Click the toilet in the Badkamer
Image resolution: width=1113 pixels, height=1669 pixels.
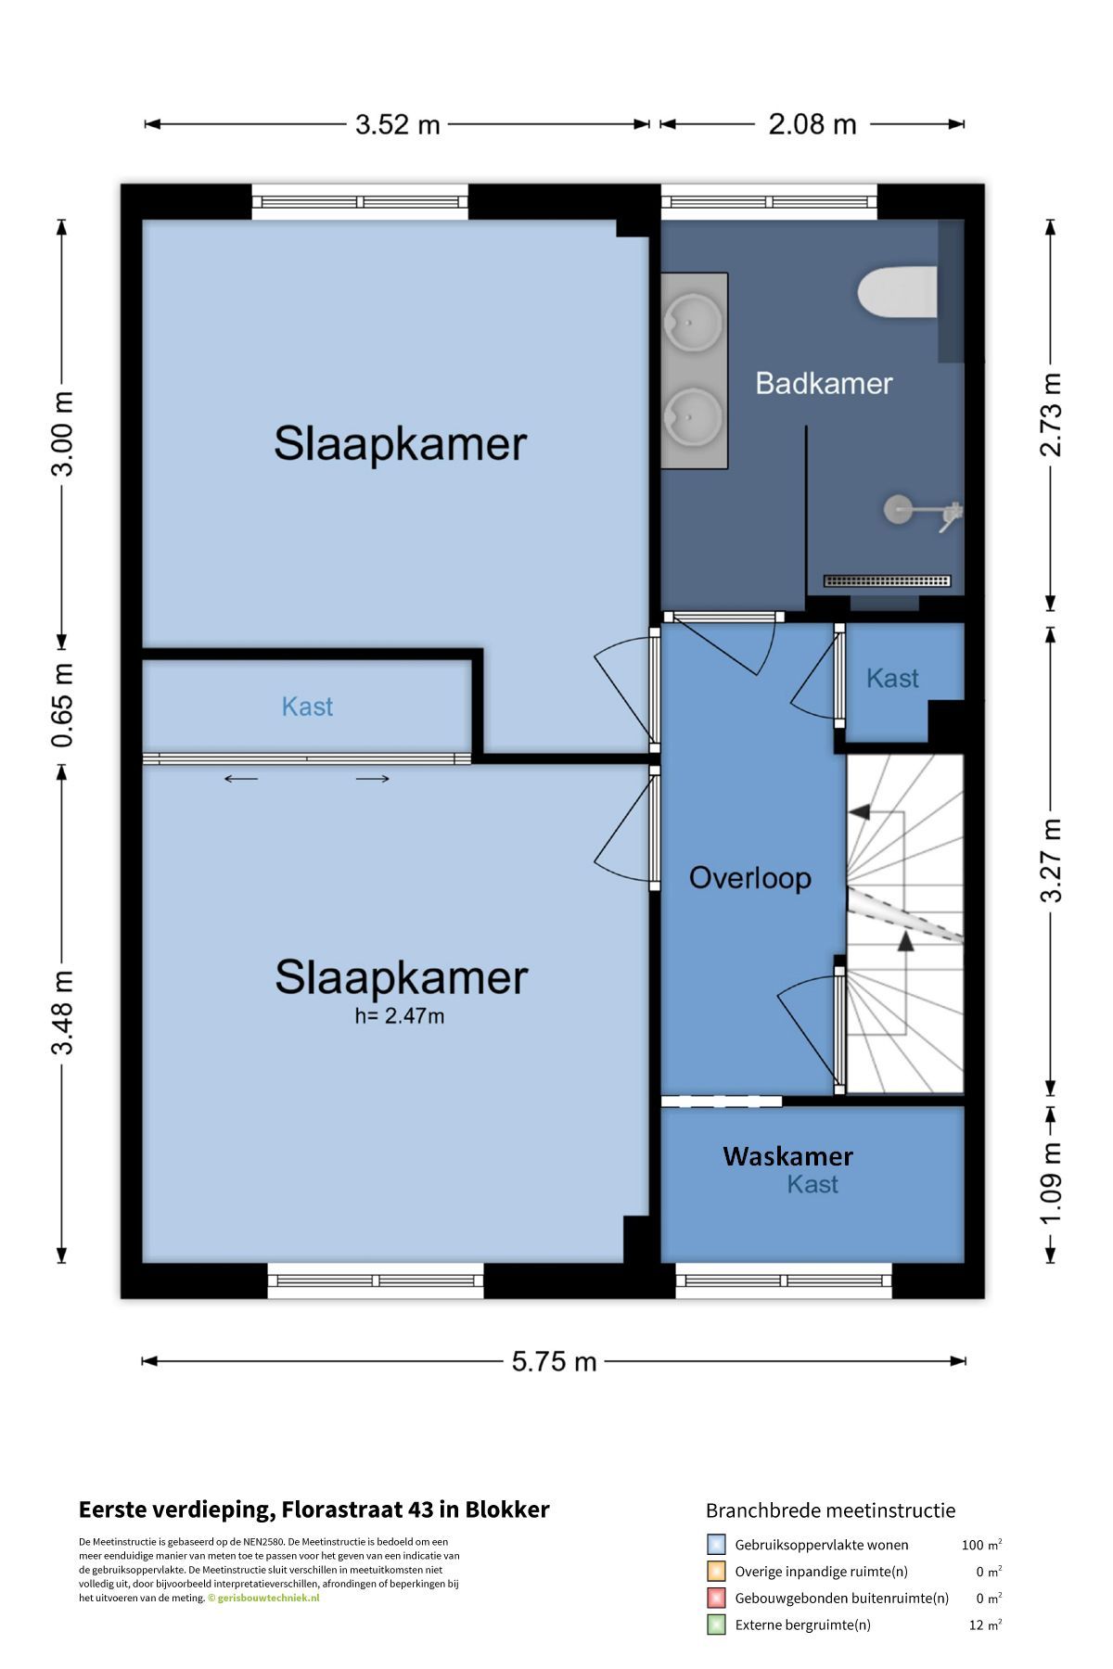[x=898, y=292]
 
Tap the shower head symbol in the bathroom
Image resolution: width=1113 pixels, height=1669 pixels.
[x=897, y=508]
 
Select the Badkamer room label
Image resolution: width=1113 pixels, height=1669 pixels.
[x=824, y=383]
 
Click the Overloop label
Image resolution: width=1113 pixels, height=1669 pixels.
[x=749, y=877]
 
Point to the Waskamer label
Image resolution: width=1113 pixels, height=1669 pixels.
[x=787, y=1156]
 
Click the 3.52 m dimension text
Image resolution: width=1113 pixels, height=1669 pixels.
[x=398, y=124]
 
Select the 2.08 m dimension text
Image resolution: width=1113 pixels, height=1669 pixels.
[x=812, y=124]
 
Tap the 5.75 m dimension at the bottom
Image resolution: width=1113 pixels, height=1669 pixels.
[x=555, y=1361]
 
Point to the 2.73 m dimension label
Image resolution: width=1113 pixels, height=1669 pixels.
[x=1051, y=414]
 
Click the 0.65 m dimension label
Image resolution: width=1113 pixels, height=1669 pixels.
[x=62, y=706]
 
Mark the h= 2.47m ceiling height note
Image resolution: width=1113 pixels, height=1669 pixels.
[x=400, y=1016]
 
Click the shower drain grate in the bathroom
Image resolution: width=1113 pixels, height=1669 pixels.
[x=888, y=581]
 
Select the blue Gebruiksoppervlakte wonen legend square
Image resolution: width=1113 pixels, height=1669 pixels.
[x=716, y=1545]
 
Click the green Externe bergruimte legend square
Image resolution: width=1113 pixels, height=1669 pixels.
[x=716, y=1624]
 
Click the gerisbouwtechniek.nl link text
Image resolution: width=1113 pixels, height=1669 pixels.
[x=267, y=1598]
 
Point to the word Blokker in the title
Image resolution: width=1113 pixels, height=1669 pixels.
[x=507, y=1510]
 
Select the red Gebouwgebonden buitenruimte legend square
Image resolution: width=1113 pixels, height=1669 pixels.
[x=716, y=1598]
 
